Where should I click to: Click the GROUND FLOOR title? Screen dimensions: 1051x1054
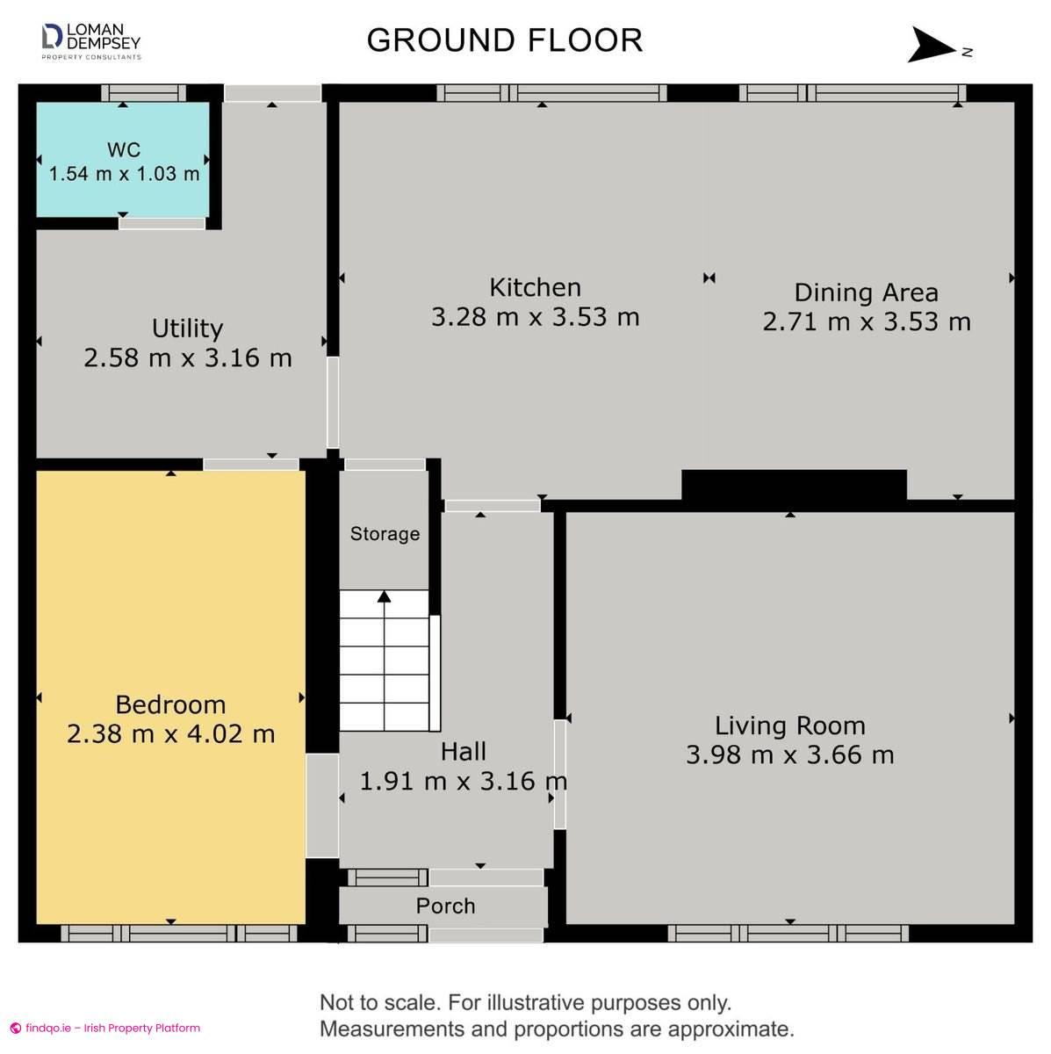coord(504,40)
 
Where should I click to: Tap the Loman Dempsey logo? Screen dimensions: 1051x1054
coord(91,41)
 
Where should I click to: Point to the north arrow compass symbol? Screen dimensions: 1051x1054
coord(939,46)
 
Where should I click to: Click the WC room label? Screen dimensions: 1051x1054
coord(124,149)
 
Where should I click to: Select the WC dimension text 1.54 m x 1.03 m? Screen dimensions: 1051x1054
coord(124,174)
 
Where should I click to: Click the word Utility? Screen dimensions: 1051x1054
coord(188,328)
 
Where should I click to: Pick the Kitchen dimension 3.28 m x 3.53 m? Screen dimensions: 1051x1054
coord(536,317)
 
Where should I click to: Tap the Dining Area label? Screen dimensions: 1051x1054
coord(866,292)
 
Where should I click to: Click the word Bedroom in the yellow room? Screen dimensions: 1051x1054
coord(170,704)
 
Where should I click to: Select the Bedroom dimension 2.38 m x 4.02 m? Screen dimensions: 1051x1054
coord(170,734)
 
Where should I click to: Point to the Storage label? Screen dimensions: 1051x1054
coord(385,534)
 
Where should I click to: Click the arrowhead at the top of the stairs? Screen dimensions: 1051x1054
coord(384,596)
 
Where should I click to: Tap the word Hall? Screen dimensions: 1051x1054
coord(464,752)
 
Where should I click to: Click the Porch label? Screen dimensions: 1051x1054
coord(446,906)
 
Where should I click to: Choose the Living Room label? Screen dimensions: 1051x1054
coord(790,726)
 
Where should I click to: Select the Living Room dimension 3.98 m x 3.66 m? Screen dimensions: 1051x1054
coord(790,755)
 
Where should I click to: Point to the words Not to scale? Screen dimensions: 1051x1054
coord(379,1002)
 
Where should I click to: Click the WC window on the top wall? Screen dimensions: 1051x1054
coord(144,93)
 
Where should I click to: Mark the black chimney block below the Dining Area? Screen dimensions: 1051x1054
coord(794,485)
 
